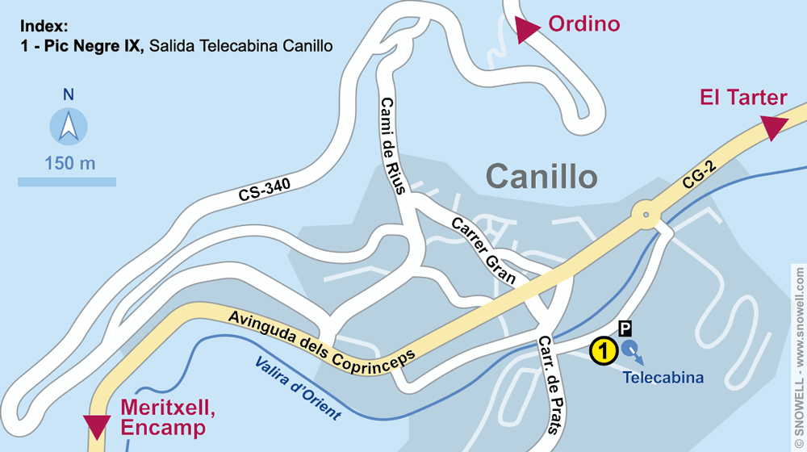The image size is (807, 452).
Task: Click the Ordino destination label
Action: (584, 24)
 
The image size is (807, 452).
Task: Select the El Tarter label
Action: (743, 98)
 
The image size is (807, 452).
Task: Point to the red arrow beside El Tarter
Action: (774, 127)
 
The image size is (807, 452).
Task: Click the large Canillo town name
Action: (541, 176)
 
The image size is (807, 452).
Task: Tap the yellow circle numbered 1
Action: (604, 351)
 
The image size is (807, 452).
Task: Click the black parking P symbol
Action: (625, 328)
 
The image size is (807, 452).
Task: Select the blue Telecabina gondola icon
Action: (631, 349)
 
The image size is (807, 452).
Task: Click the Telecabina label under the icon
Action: (663, 377)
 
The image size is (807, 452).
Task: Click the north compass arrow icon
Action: (69, 127)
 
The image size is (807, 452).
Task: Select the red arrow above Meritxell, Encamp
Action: (97, 425)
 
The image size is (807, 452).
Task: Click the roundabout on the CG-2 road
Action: (645, 215)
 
